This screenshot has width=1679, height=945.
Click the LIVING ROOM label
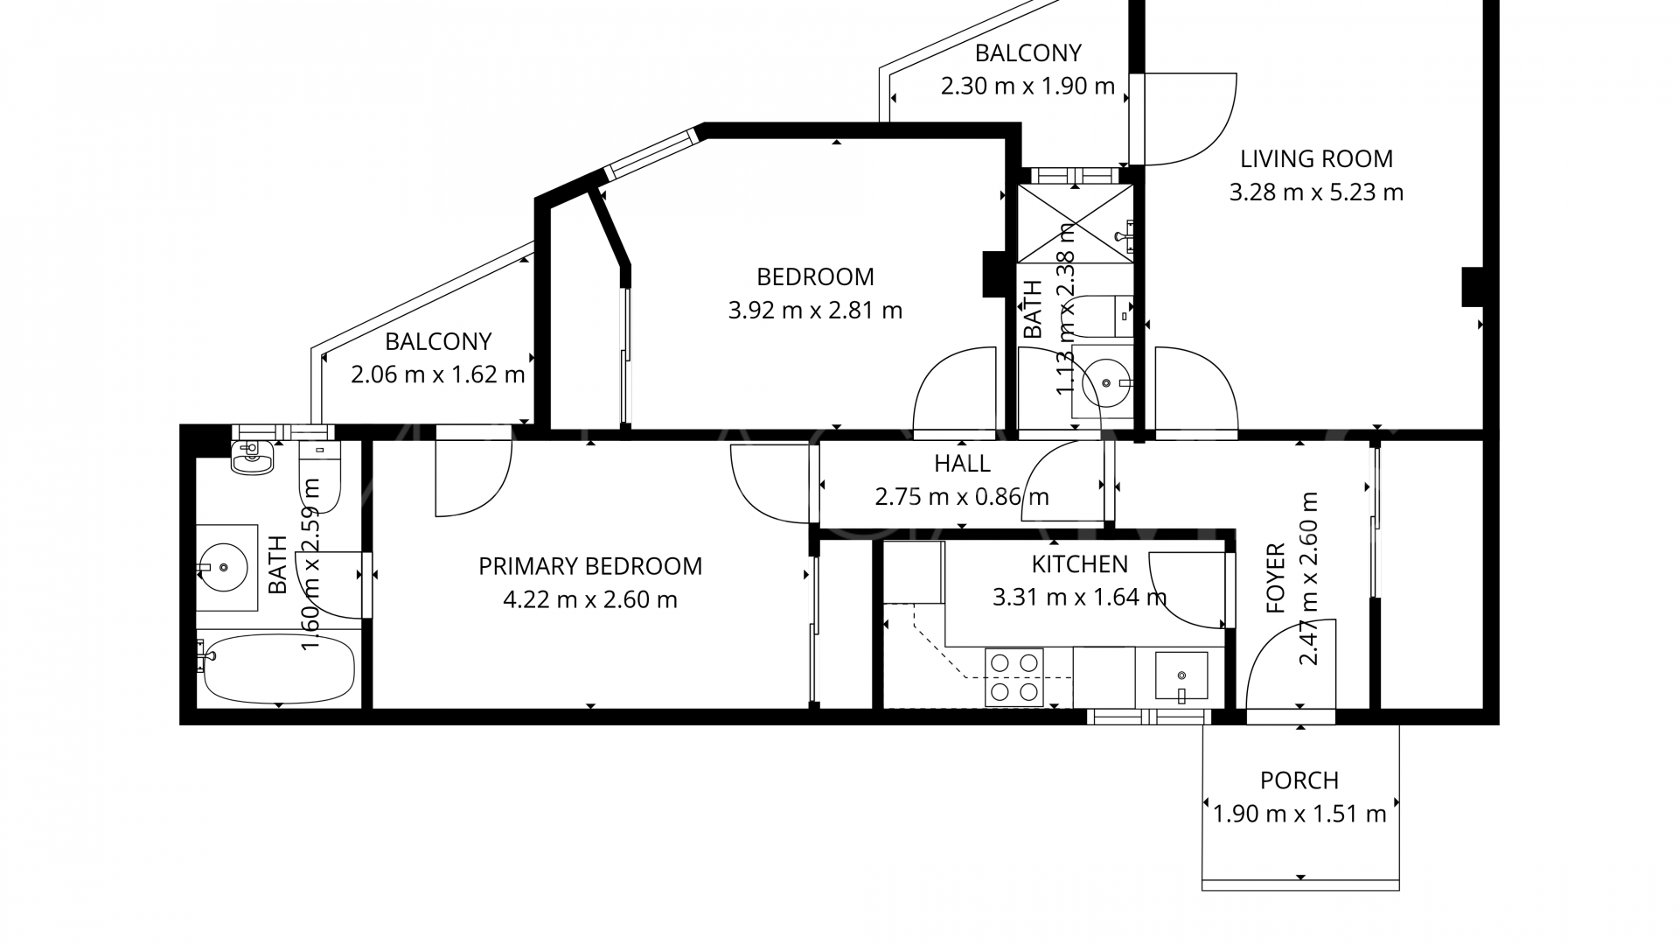(x=1316, y=159)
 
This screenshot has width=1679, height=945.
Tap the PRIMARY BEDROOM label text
(x=590, y=567)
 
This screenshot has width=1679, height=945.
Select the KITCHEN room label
(x=1080, y=564)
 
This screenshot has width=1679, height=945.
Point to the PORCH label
(x=1299, y=780)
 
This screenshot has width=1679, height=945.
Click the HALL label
(x=962, y=464)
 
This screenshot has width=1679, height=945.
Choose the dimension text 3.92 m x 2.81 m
(x=815, y=311)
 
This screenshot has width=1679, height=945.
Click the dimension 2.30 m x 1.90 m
(x=1028, y=87)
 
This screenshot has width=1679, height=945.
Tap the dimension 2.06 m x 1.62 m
(x=438, y=375)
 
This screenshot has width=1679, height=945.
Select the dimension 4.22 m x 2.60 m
(x=590, y=600)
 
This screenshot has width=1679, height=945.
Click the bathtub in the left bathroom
(x=276, y=668)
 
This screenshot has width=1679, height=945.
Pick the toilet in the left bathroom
(x=319, y=475)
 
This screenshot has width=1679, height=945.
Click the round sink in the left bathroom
(x=226, y=568)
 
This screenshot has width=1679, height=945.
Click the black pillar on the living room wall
(x=1473, y=287)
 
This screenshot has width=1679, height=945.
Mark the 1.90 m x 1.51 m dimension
(x=1299, y=815)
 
